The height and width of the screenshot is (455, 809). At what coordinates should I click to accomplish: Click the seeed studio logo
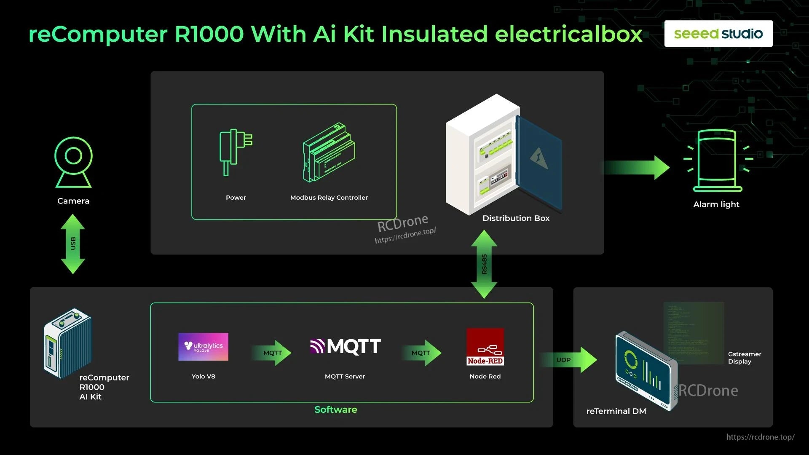coord(718,34)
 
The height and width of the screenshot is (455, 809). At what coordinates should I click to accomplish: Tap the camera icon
coord(73,162)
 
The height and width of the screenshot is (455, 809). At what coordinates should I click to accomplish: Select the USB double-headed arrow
coord(73,244)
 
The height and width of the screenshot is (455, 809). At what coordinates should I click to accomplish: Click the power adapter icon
coord(235,152)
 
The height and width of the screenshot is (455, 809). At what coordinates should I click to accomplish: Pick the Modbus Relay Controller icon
coord(329,153)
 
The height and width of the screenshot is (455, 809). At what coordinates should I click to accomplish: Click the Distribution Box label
coord(516,218)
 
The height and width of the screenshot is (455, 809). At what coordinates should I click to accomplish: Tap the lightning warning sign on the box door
coord(539,158)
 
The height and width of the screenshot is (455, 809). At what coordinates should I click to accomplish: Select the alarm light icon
coord(717,161)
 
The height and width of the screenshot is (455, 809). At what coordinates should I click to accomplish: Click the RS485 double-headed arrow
coord(484,264)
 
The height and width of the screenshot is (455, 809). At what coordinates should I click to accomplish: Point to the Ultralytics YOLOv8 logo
coord(203,347)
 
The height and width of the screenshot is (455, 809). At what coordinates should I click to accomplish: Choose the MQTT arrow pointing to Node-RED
coord(422,353)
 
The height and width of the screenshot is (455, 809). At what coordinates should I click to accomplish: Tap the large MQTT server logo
coord(345,346)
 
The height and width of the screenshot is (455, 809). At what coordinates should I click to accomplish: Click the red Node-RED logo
coord(485,347)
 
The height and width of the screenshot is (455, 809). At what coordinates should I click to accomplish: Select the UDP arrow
coord(569,360)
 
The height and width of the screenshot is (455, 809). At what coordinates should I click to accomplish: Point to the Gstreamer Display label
coord(744,358)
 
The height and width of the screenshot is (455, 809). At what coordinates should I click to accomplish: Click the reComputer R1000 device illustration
coord(67,343)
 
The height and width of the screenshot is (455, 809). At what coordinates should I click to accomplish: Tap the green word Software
coord(335,409)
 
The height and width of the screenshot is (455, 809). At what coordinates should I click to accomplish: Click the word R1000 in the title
coord(209,34)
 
